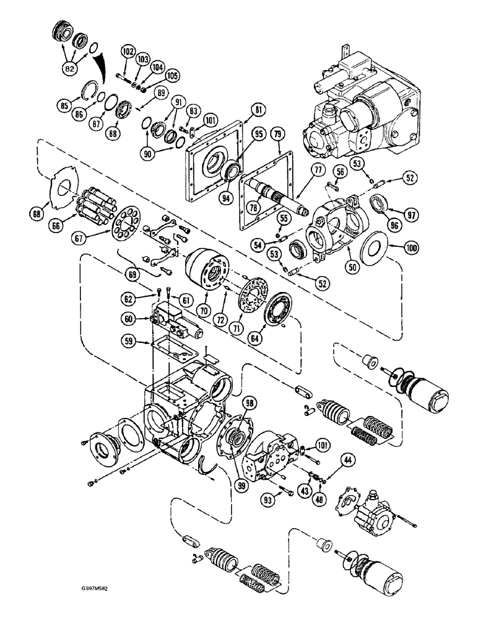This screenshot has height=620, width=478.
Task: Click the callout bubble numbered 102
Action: [x=128, y=53]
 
